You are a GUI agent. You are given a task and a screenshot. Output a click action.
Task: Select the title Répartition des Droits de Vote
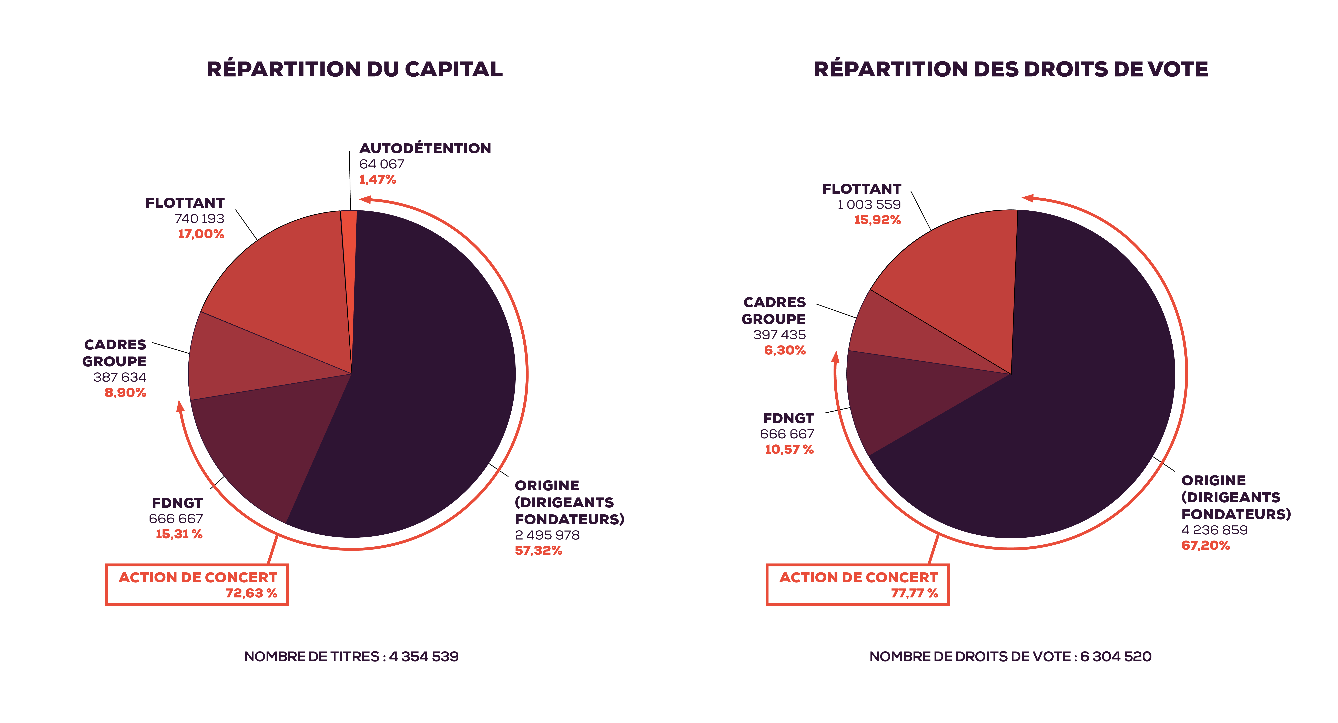pos(1010,69)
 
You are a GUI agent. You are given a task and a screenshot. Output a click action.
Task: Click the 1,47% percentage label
pos(378,180)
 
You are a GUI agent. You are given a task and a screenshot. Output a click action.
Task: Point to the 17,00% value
pos(201,234)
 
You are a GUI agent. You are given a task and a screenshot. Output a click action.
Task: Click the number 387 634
pos(120,377)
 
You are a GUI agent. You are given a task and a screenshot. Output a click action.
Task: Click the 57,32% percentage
pos(539,551)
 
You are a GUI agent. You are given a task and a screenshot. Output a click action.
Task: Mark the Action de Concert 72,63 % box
pos(197,585)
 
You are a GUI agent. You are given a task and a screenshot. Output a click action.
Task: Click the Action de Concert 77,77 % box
pos(858,585)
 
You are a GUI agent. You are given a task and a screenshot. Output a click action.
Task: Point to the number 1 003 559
pos(869,205)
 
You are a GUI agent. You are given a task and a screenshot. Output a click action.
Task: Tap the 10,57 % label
pos(789,450)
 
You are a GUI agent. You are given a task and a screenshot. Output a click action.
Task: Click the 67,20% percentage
pos(1205,545)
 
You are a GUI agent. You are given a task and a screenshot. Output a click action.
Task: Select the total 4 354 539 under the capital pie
pos(424,657)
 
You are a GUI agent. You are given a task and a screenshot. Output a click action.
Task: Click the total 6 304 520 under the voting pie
pos(1116,657)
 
